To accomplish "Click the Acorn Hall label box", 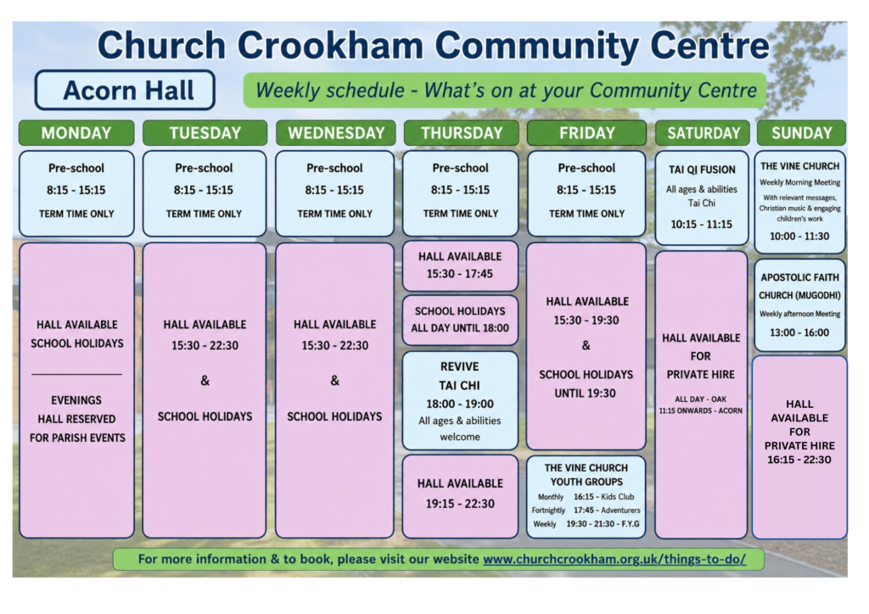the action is (125, 90).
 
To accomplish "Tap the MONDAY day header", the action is (76, 133).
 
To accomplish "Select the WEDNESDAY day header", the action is (336, 133).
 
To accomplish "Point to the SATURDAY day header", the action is (703, 133).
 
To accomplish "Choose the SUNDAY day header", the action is (801, 133).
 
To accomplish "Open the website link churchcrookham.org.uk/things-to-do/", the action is (614, 559).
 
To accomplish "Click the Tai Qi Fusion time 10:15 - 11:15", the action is (701, 224).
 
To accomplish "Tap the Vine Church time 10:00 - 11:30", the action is (799, 237).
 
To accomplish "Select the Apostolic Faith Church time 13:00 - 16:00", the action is (799, 332).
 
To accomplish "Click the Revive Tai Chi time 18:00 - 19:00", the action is (459, 405).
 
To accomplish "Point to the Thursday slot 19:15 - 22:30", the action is (460, 504).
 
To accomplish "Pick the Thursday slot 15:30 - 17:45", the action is (459, 274).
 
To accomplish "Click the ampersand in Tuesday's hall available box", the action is (205, 381).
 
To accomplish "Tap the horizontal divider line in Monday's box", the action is (76, 374).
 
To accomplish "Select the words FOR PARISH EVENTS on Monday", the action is (77, 438).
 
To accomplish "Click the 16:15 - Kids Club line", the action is (603, 497).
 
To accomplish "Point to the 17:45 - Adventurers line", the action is (607, 511).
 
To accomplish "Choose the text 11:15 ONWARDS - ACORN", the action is (700, 410).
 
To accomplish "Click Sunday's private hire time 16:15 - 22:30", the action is (799, 460).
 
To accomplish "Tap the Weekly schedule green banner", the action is (505, 90).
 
